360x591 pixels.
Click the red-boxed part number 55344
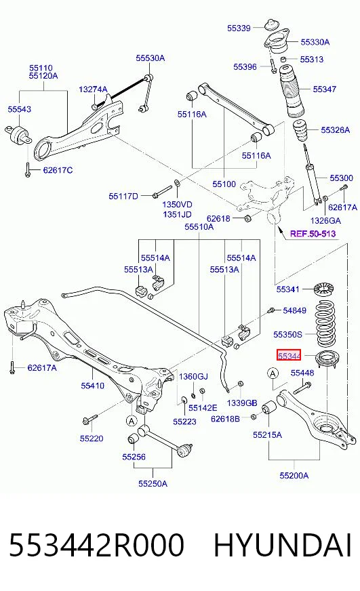289,355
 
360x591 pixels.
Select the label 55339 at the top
239,28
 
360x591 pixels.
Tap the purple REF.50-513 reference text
313,234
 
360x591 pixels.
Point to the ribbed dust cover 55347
292,93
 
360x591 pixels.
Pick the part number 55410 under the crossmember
92,386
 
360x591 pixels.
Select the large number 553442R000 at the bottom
96,545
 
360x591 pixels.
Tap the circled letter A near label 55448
273,373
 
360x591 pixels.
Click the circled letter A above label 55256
132,420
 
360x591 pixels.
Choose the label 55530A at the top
151,58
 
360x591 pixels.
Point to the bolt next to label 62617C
28,169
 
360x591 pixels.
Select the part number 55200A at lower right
294,475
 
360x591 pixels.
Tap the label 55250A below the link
153,483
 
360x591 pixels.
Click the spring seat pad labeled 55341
324,289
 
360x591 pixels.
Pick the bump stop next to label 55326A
300,131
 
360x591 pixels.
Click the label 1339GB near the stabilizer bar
242,403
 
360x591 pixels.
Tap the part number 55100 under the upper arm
224,184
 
